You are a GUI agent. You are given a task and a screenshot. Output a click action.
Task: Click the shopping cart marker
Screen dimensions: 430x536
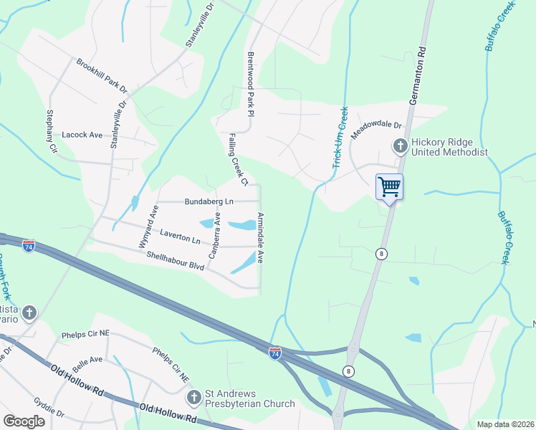point(389,187)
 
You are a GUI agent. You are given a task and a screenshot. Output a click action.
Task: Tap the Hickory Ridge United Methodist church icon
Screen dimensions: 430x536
point(400,146)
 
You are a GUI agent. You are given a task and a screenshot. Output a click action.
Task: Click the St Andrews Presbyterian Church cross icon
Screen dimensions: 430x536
point(193,397)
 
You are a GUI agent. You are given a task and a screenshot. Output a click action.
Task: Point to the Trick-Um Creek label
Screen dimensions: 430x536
point(340,138)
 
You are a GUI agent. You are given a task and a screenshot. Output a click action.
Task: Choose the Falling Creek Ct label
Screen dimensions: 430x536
point(238,159)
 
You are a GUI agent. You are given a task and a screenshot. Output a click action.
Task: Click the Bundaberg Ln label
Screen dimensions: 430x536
point(209,202)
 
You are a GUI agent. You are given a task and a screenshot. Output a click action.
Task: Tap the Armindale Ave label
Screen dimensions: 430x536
point(261,237)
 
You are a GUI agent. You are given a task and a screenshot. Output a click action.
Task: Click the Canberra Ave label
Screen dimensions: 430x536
point(214,235)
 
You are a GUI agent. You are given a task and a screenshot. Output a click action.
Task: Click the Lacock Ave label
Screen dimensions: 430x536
point(82,134)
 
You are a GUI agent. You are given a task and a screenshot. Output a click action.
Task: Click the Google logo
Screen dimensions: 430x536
point(24,421)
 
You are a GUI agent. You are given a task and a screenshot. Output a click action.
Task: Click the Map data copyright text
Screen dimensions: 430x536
point(504,424)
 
